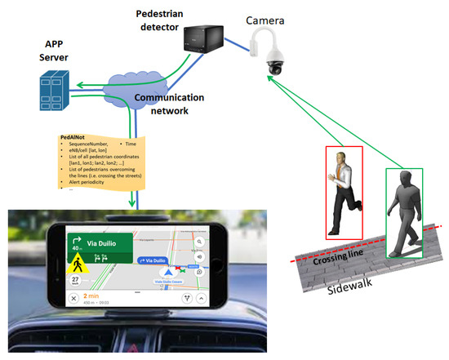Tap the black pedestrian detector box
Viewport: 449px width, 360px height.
203,38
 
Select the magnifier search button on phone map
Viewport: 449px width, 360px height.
200,243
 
